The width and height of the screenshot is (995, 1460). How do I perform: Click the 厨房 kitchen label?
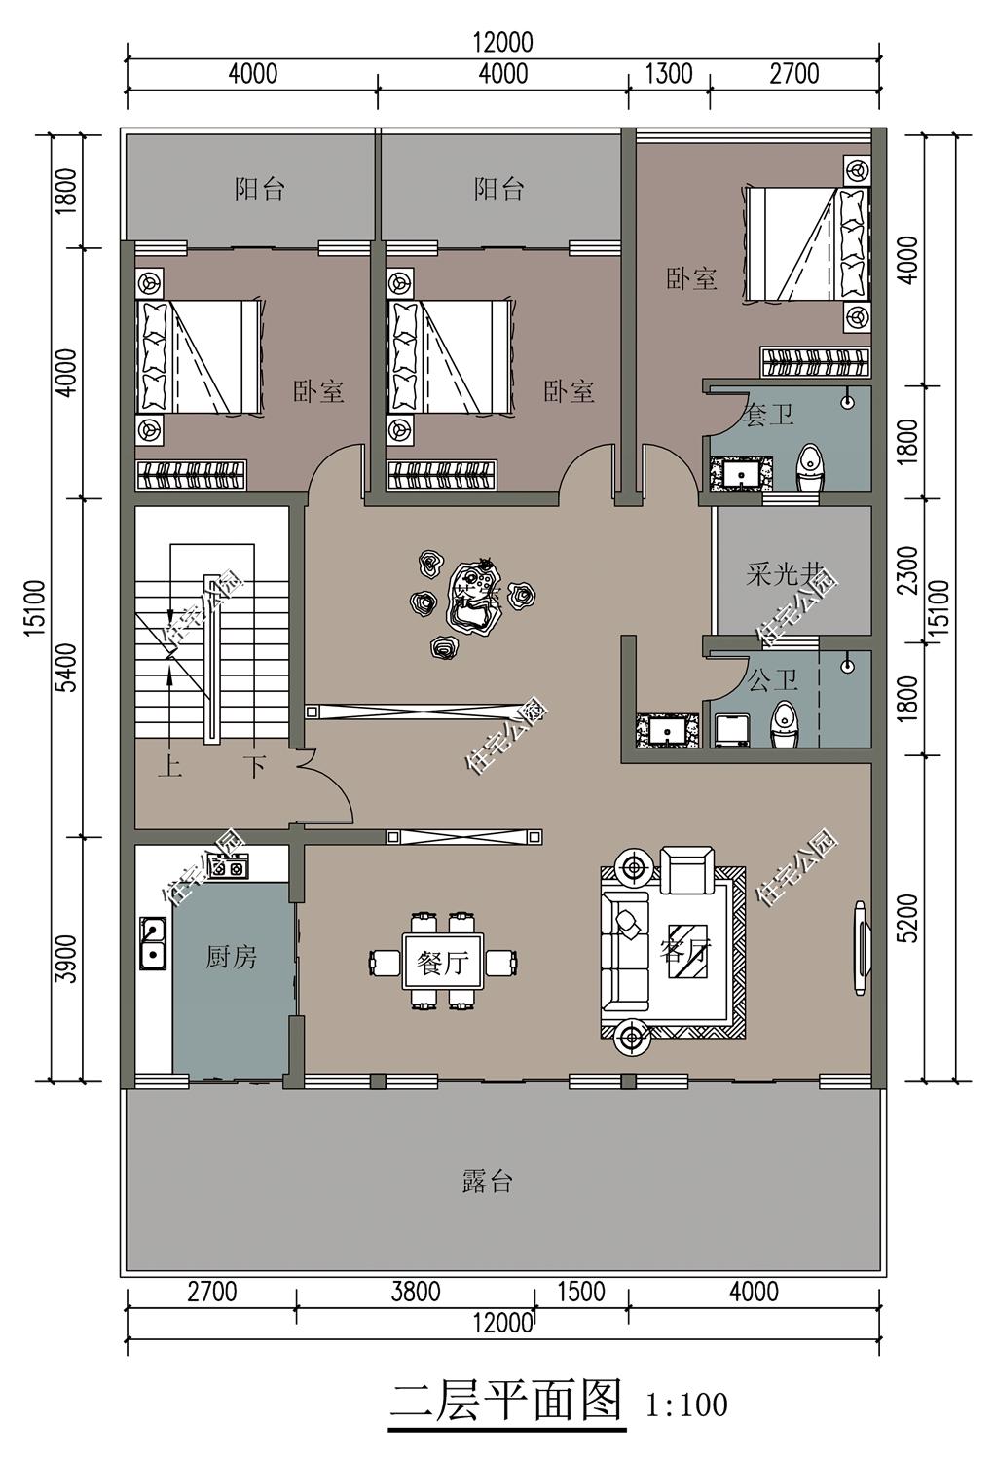click(231, 958)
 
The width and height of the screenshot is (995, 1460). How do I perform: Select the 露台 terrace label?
click(487, 1182)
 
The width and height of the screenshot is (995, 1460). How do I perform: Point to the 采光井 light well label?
click(785, 574)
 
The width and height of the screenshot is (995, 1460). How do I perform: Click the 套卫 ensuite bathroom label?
click(768, 416)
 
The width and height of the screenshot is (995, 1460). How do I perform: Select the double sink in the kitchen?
click(152, 943)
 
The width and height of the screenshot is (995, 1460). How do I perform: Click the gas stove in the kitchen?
click(228, 865)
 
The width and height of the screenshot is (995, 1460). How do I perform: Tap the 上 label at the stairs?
click(170, 767)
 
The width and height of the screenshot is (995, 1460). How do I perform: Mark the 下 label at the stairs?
click(254, 767)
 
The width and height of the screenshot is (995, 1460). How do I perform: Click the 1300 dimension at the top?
click(669, 74)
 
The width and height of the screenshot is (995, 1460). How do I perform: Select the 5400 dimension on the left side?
click(64, 667)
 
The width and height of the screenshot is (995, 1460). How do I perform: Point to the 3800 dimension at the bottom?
click(416, 1292)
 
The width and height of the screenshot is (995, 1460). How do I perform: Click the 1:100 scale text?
click(686, 1405)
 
